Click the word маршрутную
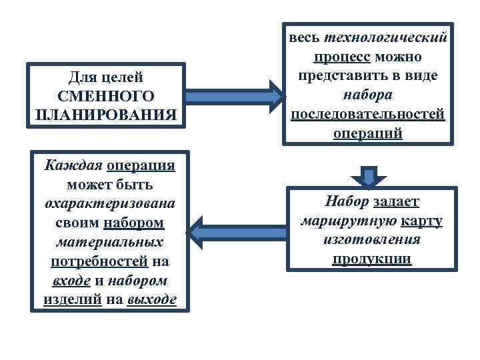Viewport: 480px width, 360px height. click(x=349, y=220)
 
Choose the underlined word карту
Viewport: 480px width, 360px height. click(x=421, y=220)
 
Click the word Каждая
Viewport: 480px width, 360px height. click(x=72, y=164)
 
